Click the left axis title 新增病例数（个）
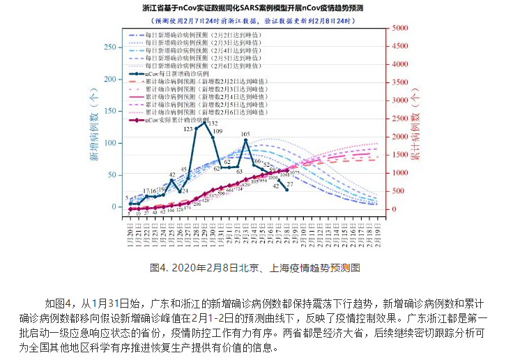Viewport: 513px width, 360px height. tap(93, 129)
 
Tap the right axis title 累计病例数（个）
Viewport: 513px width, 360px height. tap(417, 129)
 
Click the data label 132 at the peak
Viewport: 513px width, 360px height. tap(212, 123)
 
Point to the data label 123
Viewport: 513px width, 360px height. tap(189, 129)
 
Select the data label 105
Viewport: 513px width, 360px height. tap(245, 134)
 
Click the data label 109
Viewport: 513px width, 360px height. tap(217, 131)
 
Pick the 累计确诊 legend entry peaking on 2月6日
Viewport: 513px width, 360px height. tap(209, 112)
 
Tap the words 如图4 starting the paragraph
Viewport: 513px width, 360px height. tap(57, 304)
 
